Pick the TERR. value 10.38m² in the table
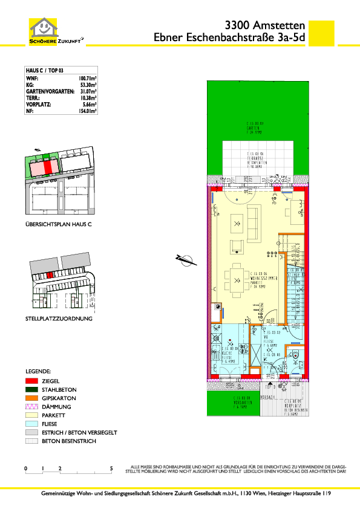pos(89,98)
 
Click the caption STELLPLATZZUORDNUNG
pos(59,318)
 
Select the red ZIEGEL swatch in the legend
pos(31,381)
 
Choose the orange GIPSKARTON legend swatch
pos(31,398)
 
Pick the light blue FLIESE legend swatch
pos(31,424)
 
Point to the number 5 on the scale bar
pos(111,468)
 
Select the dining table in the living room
pos(235,279)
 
